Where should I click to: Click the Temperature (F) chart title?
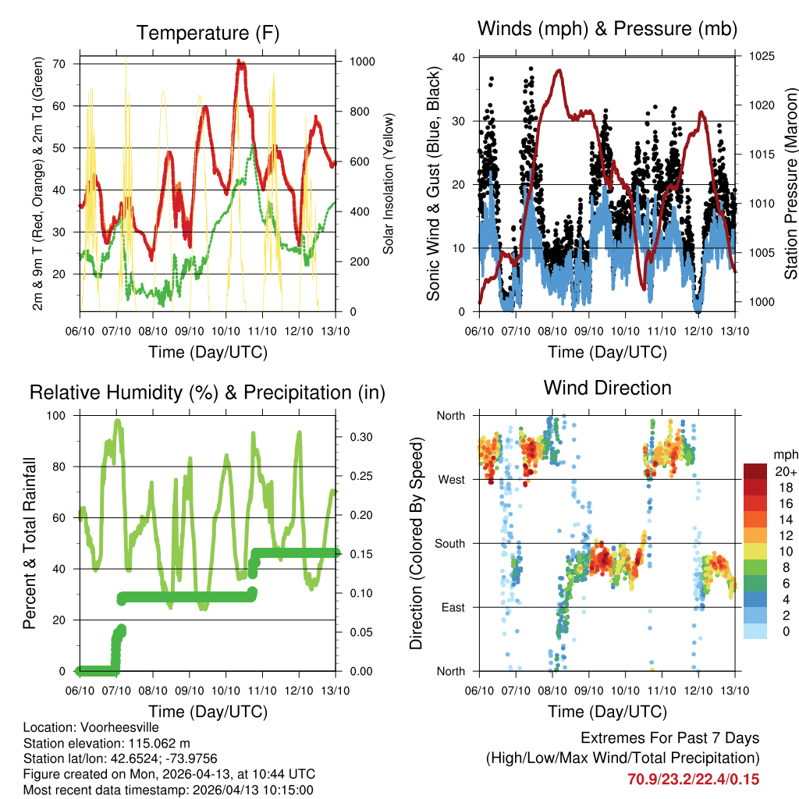click(208, 33)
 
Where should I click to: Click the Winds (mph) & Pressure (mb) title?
click(607, 29)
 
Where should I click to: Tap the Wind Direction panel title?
click(607, 387)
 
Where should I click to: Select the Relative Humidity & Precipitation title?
click(208, 392)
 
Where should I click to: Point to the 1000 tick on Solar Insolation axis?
click(364, 62)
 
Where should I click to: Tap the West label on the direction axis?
click(451, 479)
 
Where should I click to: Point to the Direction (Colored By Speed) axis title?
click(416, 543)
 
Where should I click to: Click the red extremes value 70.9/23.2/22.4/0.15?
click(694, 779)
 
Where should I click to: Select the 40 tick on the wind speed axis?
click(459, 58)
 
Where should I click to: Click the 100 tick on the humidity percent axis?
click(59, 415)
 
